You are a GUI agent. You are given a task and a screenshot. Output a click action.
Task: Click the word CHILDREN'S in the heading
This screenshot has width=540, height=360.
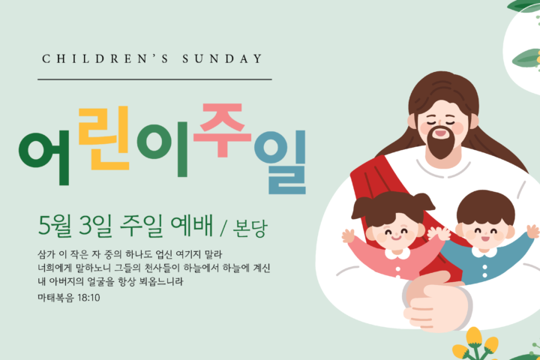click(x=105, y=59)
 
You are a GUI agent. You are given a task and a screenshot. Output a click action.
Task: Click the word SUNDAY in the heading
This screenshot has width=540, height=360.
click(x=223, y=59)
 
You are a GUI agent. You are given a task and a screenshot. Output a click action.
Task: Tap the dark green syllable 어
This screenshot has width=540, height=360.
click(x=44, y=157)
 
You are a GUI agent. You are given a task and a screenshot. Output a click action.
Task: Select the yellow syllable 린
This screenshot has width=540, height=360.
click(x=103, y=138)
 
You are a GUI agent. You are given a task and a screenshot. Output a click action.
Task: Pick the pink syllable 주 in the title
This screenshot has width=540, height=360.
click(x=222, y=130)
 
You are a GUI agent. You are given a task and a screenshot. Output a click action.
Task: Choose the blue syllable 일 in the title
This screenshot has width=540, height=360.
click(x=280, y=162)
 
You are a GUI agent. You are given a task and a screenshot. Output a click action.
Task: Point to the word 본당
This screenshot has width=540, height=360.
click(x=250, y=228)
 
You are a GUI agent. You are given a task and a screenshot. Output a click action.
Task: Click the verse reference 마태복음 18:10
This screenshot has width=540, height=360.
click(x=69, y=298)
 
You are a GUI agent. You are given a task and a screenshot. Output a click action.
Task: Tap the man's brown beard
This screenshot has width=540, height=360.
click(x=441, y=142)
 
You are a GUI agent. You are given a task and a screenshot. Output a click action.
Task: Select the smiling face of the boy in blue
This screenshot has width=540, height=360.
click(x=485, y=232)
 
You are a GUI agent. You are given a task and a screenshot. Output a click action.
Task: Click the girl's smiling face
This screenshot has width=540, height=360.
click(x=396, y=233)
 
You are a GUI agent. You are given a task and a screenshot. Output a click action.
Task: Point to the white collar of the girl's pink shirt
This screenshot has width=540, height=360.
click(x=397, y=254)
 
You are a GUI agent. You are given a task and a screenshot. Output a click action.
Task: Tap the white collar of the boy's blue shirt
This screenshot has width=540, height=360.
click(x=484, y=253)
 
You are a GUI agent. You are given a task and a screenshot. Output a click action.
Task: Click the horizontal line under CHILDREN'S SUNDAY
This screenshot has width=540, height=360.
click(x=154, y=79)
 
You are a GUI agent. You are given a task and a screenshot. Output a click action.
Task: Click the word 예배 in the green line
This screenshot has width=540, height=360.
click(x=191, y=226)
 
